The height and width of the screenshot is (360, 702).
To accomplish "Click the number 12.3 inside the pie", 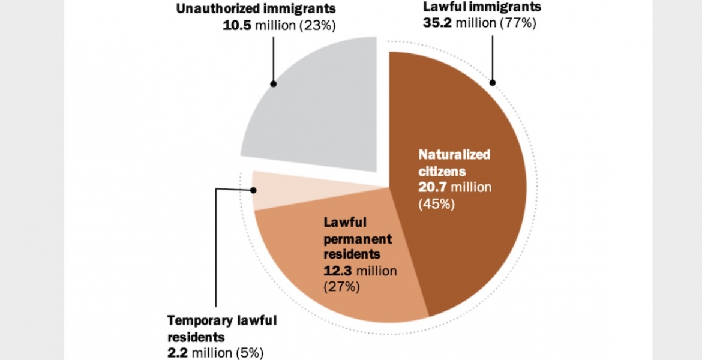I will pyautogui.click(x=337, y=271).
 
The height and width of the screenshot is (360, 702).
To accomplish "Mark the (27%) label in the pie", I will pyautogui.click(x=341, y=286).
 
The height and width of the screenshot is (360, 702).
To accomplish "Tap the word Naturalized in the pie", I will pyautogui.click(x=454, y=155).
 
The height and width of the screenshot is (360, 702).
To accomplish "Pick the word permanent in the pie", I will pyautogui.click(x=358, y=239).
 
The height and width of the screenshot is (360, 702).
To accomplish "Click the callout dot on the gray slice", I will pyautogui.click(x=274, y=84).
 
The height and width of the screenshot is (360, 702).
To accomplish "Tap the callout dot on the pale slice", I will pyautogui.click(x=254, y=190).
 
